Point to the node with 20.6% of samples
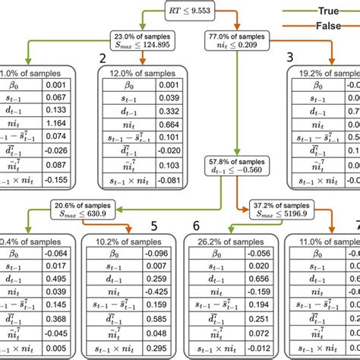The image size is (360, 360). (x=84, y=210)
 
